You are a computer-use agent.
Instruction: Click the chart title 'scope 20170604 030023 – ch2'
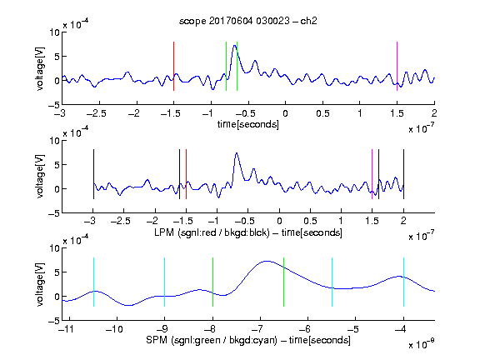pyautogui.click(x=248, y=21)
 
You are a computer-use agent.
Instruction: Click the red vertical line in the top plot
pyautogui.click(x=173, y=66)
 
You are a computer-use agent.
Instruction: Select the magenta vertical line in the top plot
pyautogui.click(x=397, y=66)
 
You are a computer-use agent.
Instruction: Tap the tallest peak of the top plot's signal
pyautogui.click(x=234, y=46)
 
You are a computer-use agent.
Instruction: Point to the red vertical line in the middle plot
pyautogui.click(x=186, y=174)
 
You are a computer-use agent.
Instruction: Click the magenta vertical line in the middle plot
pyautogui.click(x=372, y=174)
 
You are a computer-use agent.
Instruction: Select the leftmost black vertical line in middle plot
pyautogui.click(x=93, y=174)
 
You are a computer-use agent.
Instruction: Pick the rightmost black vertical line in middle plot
pyautogui.click(x=403, y=174)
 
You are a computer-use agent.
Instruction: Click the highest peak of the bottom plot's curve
pyautogui.click(x=267, y=261)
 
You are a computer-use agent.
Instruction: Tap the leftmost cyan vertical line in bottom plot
pyautogui.click(x=93, y=282)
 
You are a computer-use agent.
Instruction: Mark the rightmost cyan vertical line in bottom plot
pyautogui.click(x=403, y=282)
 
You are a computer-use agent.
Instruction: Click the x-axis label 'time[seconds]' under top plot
pyautogui.click(x=248, y=124)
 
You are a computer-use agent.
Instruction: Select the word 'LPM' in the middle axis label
pyautogui.click(x=164, y=232)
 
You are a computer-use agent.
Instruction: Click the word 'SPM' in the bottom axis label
pyautogui.click(x=157, y=340)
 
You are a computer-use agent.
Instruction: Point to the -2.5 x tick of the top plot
pyautogui.click(x=96, y=113)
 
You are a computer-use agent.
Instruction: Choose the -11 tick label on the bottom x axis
pyautogui.click(x=67, y=329)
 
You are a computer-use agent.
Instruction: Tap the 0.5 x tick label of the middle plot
pyautogui.click(x=310, y=221)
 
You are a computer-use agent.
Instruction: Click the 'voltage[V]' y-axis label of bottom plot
pyautogui.click(x=40, y=284)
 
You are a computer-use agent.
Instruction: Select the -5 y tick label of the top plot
pyautogui.click(x=54, y=106)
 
